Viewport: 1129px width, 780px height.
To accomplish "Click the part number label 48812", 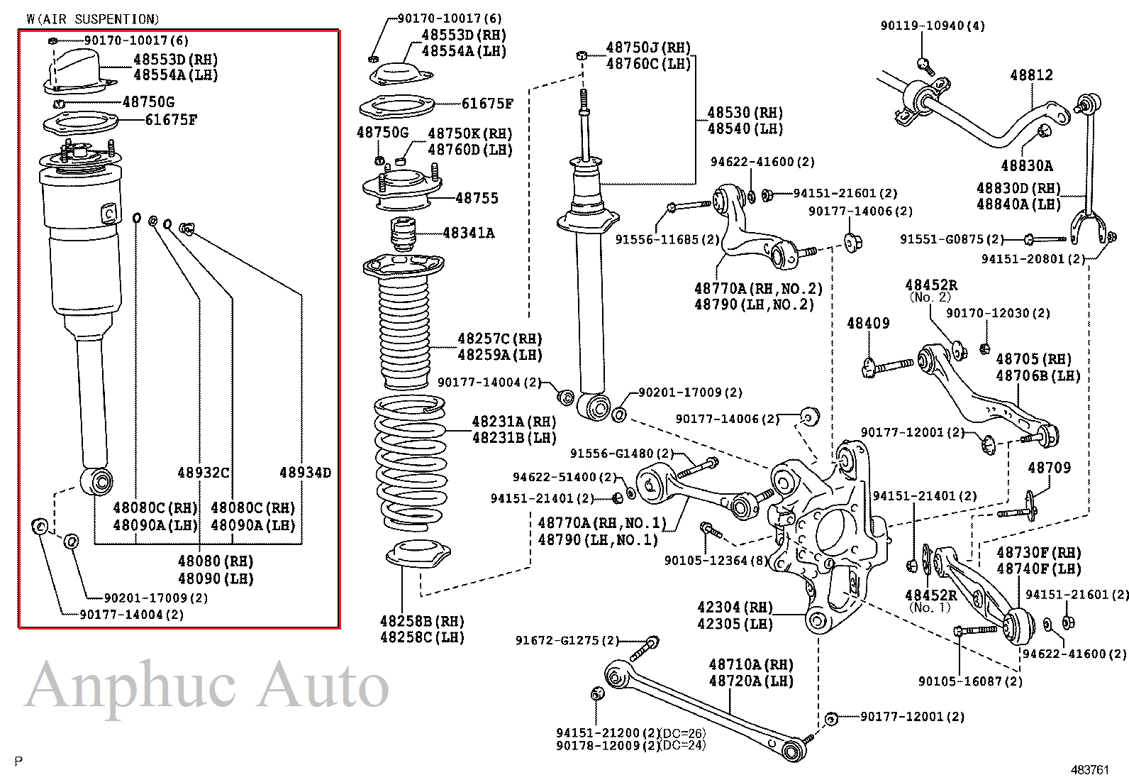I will (x=1031, y=75).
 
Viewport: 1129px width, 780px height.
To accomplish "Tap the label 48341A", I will (x=468, y=233).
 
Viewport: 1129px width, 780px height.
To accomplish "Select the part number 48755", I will (x=477, y=199).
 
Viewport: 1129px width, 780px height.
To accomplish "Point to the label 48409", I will (x=868, y=324).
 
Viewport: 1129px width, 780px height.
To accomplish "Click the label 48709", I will (x=1049, y=468).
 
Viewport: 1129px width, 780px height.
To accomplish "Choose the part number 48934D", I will (x=305, y=473).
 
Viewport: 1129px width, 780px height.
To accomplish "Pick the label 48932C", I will (x=204, y=473).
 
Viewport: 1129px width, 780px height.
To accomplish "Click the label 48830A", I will (x=1026, y=166).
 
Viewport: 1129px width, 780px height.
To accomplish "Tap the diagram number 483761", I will (x=1089, y=769).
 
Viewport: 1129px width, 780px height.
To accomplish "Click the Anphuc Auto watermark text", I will (x=207, y=686).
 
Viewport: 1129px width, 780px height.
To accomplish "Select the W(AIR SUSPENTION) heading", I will (x=93, y=19).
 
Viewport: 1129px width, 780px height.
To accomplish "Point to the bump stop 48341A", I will (x=404, y=234).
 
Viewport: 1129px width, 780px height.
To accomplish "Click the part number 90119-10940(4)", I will (x=932, y=26).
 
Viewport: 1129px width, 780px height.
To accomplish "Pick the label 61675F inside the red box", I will (x=171, y=120).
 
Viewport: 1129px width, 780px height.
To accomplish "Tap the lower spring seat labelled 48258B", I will (x=418, y=554).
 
